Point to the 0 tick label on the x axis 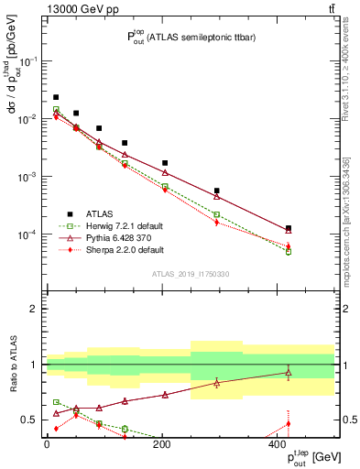point(46,444)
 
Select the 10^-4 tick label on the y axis point(27,234)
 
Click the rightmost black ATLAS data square point(289,228)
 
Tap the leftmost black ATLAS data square point(56,97)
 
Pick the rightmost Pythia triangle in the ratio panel point(289,372)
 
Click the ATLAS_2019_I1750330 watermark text point(190,274)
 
